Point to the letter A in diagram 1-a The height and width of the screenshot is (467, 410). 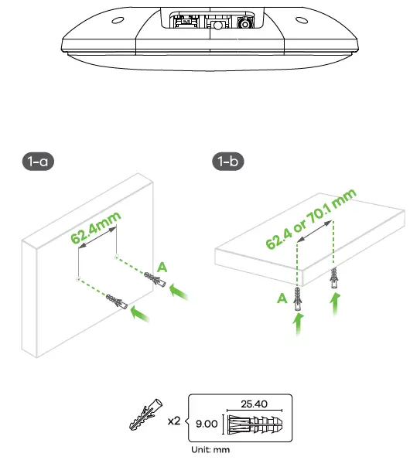(161, 266)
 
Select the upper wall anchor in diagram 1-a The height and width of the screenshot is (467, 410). (154, 280)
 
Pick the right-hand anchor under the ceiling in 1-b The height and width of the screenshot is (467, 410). (334, 276)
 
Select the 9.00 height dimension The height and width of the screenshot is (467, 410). (205, 424)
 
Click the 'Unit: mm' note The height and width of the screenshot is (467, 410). (211, 448)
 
